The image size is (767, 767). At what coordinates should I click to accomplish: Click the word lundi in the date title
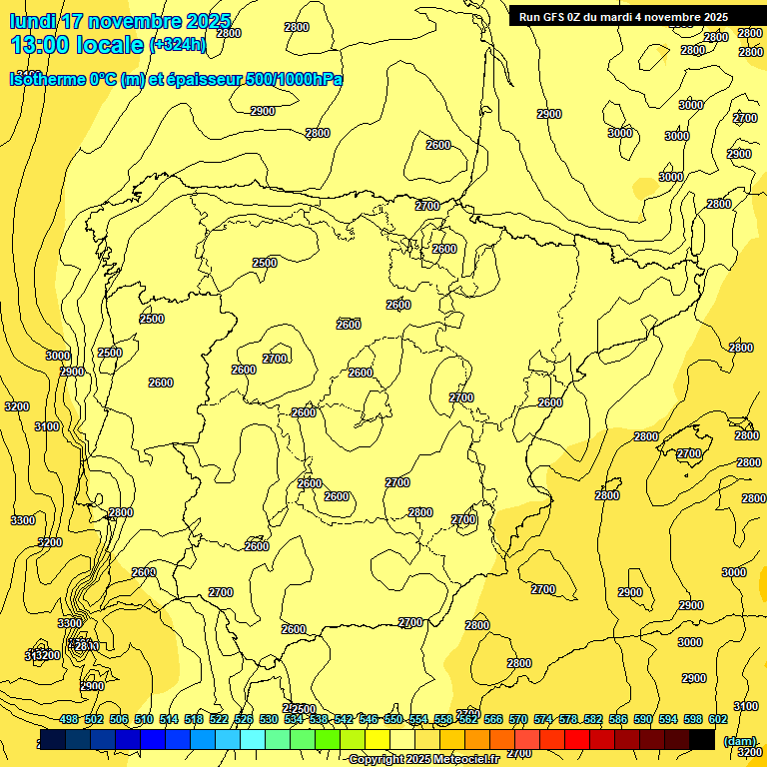(x=33, y=21)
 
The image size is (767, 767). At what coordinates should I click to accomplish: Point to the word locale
(x=109, y=44)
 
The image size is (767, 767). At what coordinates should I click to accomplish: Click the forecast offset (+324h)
(x=178, y=45)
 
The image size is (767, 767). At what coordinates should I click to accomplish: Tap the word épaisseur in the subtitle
(x=206, y=79)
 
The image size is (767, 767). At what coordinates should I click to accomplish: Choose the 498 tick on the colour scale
(x=69, y=719)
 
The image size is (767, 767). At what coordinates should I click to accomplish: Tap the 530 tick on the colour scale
(x=269, y=719)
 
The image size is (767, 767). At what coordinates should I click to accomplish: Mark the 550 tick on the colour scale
(x=393, y=719)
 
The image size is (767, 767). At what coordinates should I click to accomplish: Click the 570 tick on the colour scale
(x=518, y=719)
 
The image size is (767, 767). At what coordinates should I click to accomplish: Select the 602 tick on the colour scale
(x=718, y=719)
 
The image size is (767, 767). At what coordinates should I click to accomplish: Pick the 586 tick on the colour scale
(x=618, y=719)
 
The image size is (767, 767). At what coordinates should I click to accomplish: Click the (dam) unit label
(x=740, y=740)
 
